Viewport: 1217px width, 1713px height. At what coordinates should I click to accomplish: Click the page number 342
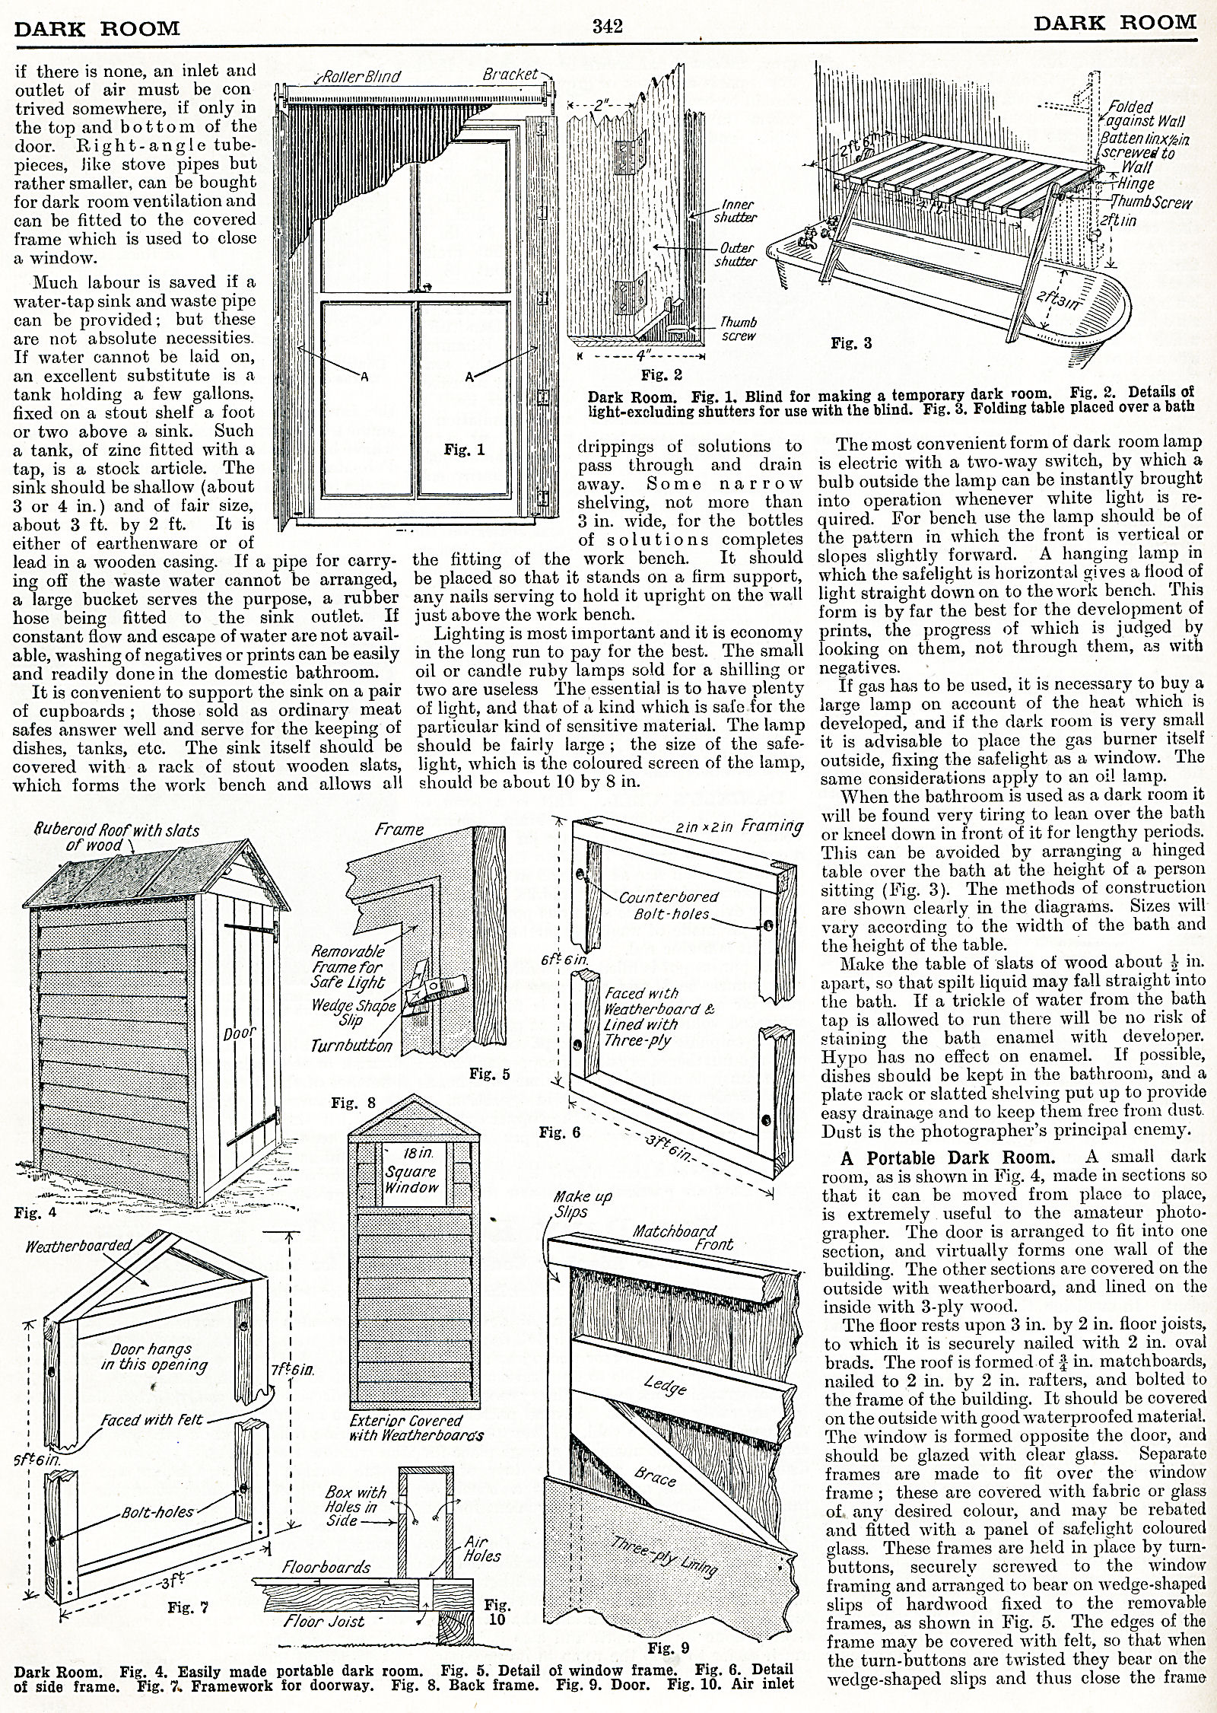(x=608, y=27)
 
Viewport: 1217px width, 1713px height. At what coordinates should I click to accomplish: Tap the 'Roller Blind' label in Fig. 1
(x=361, y=77)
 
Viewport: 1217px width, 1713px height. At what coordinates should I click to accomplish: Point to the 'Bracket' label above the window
(x=509, y=75)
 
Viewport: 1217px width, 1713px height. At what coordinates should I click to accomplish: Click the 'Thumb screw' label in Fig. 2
(x=738, y=329)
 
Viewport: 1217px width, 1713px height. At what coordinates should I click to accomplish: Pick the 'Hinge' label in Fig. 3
(x=1137, y=183)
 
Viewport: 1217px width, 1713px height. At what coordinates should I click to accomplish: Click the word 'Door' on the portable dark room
(x=239, y=1034)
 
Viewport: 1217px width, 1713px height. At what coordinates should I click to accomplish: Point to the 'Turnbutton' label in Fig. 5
(x=351, y=1046)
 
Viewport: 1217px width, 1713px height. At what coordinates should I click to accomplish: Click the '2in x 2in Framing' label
(x=749, y=826)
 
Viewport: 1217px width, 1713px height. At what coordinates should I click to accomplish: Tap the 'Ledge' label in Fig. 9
(x=666, y=1387)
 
